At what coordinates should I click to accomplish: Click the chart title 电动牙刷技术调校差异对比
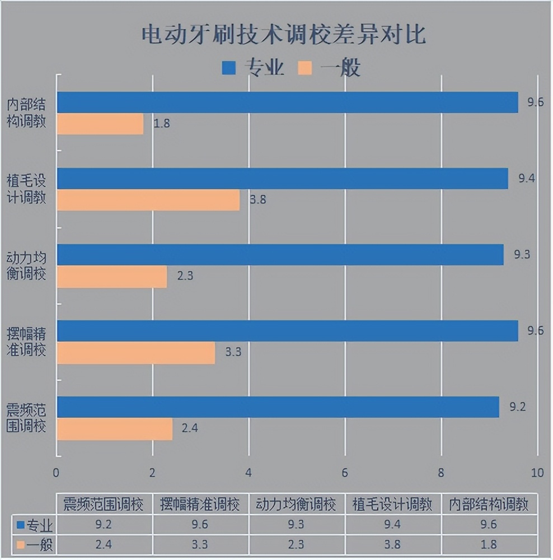283,35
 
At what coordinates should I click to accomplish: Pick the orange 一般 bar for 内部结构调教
100,124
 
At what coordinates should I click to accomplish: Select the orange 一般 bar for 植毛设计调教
148,200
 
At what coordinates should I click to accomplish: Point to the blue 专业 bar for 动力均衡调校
280,255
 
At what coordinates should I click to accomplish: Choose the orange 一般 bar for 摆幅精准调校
136,353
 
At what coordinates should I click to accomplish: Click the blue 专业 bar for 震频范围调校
278,407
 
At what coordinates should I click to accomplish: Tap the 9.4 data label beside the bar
527,179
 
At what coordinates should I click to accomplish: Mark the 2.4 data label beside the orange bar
189,428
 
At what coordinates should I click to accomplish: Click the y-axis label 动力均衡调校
26,267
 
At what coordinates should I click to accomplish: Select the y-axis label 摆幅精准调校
26,343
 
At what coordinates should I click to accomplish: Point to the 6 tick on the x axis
345,473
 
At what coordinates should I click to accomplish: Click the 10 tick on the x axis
537,473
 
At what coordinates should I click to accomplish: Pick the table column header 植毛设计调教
392,505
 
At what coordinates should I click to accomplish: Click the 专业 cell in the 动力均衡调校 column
296,525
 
